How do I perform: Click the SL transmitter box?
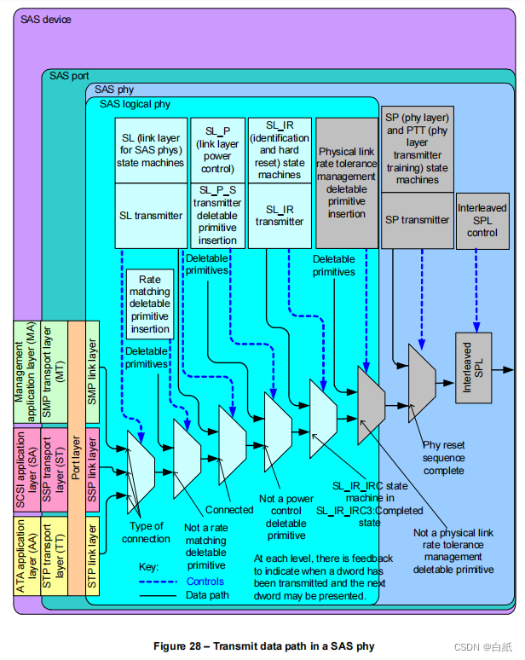tap(149, 216)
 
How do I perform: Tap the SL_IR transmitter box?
tap(280, 216)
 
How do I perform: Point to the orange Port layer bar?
tap(76, 460)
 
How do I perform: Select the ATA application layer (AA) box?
tap(25, 554)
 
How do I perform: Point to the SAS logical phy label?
tap(136, 104)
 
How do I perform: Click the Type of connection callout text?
tap(146, 532)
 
